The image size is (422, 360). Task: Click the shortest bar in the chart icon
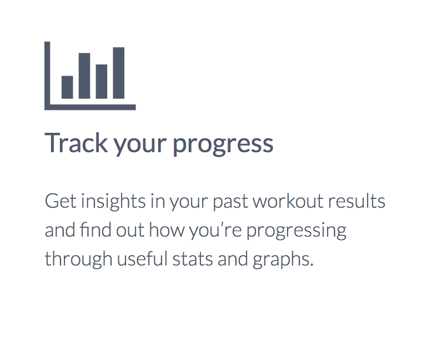pos(67,87)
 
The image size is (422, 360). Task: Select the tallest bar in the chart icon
pos(119,73)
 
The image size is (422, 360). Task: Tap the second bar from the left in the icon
pos(84,76)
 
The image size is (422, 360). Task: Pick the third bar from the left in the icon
pos(102,82)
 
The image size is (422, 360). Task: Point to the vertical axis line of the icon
pos(47,76)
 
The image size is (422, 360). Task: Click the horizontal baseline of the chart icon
pos(90,107)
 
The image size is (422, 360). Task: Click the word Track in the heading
pos(76,143)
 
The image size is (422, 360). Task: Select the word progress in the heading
pos(223,144)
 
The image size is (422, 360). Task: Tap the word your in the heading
pos(140,146)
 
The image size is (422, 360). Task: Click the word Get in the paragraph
pos(61,201)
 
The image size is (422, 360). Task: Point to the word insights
pos(113,202)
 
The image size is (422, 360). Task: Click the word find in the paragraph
pos(96,229)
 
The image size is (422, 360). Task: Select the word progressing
pos(297,231)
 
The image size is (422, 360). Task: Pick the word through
pos(78,259)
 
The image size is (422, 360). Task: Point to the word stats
pos(193,259)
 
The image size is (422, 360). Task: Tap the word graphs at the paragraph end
pos(282,259)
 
